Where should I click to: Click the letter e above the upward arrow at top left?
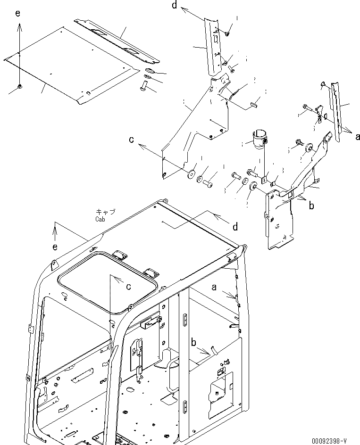pos(18,14)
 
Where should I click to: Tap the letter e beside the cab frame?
pos(55,247)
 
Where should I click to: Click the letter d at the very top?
pos(175,5)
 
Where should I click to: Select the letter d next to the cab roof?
pos(234,228)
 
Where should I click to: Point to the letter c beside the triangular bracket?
pos(132,140)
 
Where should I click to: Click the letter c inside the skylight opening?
pos(128,286)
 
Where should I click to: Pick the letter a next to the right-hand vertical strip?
pos(358,137)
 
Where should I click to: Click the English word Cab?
pos(100,219)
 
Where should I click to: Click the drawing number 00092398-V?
pos(329,441)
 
